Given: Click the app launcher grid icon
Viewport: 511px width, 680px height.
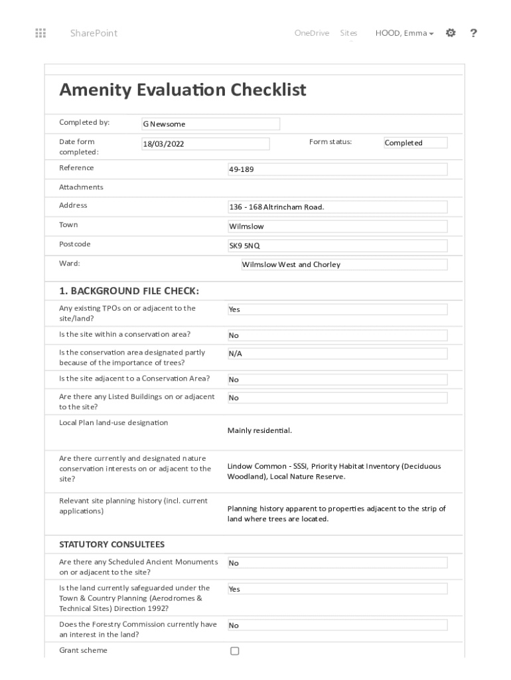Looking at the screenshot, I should click(x=40, y=33).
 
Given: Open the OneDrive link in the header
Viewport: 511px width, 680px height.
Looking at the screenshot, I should click(x=311, y=33).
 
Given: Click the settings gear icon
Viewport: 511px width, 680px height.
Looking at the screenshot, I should click(x=451, y=33).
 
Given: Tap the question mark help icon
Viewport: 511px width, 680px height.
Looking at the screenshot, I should click(x=473, y=33).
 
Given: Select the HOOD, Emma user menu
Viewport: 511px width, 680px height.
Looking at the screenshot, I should click(x=404, y=33).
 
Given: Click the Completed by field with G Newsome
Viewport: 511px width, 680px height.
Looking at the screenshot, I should click(x=210, y=124).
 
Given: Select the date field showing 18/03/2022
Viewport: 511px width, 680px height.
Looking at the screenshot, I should click(x=206, y=144).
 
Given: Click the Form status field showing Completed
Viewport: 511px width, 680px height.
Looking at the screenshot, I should click(x=415, y=143).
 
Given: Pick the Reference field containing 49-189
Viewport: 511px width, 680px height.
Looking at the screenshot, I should click(x=337, y=169).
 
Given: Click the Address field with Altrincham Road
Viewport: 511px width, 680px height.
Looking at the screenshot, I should click(x=337, y=207).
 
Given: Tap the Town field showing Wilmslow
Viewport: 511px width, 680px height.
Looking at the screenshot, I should click(x=337, y=226).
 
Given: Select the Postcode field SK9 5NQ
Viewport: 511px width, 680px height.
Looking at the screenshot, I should click(x=337, y=246).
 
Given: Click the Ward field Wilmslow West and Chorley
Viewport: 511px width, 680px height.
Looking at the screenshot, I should click(x=344, y=264).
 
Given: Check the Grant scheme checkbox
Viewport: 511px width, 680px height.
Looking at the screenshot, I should click(x=234, y=651).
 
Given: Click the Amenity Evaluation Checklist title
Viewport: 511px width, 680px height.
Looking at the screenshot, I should click(x=183, y=90).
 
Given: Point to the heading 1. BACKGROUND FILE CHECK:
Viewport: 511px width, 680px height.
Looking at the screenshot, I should click(x=129, y=291).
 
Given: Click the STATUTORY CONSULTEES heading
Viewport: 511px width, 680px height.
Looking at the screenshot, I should click(x=111, y=545).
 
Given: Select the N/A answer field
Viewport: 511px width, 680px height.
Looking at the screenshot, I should click(x=337, y=354).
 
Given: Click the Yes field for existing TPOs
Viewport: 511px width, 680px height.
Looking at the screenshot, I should click(x=337, y=309).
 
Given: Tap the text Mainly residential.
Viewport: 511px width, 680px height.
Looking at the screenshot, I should click(x=259, y=430).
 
